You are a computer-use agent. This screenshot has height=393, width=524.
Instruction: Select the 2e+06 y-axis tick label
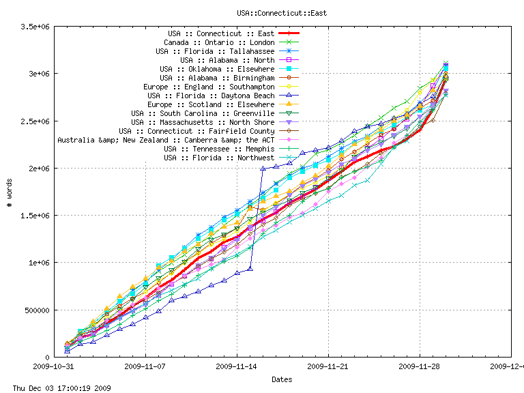click(x=38, y=169)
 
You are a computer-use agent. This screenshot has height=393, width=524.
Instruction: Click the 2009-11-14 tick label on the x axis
click(x=237, y=366)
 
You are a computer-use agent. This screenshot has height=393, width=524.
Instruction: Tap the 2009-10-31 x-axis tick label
click(x=55, y=366)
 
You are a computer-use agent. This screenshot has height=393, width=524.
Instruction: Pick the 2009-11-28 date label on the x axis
click(x=420, y=366)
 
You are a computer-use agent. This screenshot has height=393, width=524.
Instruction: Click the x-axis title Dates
click(x=282, y=379)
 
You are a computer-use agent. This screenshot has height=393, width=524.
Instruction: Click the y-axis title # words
click(x=8, y=192)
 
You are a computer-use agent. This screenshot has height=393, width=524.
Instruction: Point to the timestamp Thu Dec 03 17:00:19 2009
click(x=56, y=388)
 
